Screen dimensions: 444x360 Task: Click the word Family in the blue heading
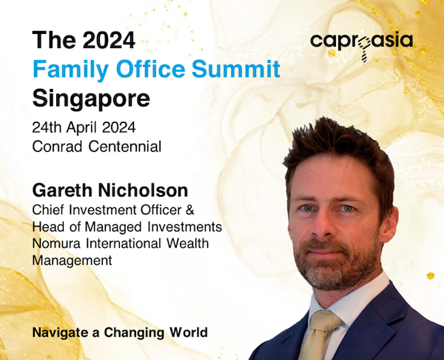tap(70, 70)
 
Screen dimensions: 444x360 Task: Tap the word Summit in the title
tap(236, 69)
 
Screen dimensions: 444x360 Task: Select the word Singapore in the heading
tap(91, 99)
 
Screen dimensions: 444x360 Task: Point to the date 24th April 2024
tap(84, 128)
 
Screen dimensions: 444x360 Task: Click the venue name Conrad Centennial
tap(96, 147)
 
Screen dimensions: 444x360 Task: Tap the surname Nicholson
tap(143, 190)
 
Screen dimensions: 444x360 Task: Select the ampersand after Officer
tap(190, 210)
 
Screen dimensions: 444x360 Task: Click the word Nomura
tap(57, 244)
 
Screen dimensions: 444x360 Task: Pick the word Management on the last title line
tap(73, 261)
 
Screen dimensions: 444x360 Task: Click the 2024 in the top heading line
tap(109, 40)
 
